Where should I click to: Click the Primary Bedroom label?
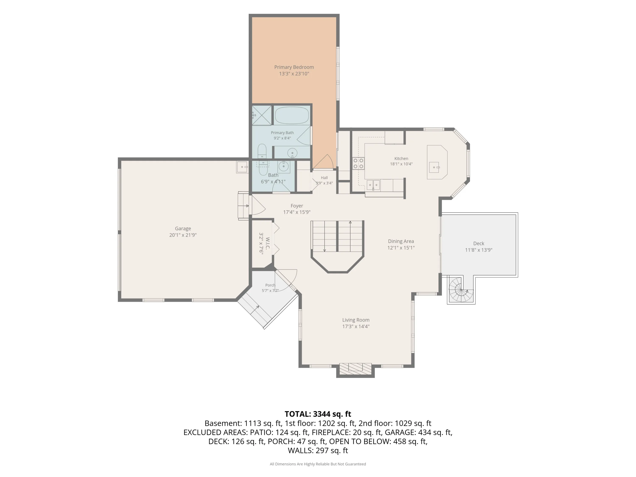coord(294,67)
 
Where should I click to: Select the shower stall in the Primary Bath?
coord(262,115)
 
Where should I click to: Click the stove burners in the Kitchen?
coord(358,163)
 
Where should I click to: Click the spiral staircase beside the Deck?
coord(461,290)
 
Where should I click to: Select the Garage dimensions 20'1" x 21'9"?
coord(183,235)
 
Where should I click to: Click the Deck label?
coord(479,243)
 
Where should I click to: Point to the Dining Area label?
coord(401,241)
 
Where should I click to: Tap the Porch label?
coord(270,285)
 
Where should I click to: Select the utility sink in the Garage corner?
coord(242,167)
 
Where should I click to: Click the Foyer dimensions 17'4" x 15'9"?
coord(297,212)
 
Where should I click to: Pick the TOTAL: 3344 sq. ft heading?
coord(318,414)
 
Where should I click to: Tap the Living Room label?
coord(356,320)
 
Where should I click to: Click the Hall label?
coord(324,178)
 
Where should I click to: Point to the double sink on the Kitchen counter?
coord(373,185)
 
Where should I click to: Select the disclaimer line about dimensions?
coord(318,464)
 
